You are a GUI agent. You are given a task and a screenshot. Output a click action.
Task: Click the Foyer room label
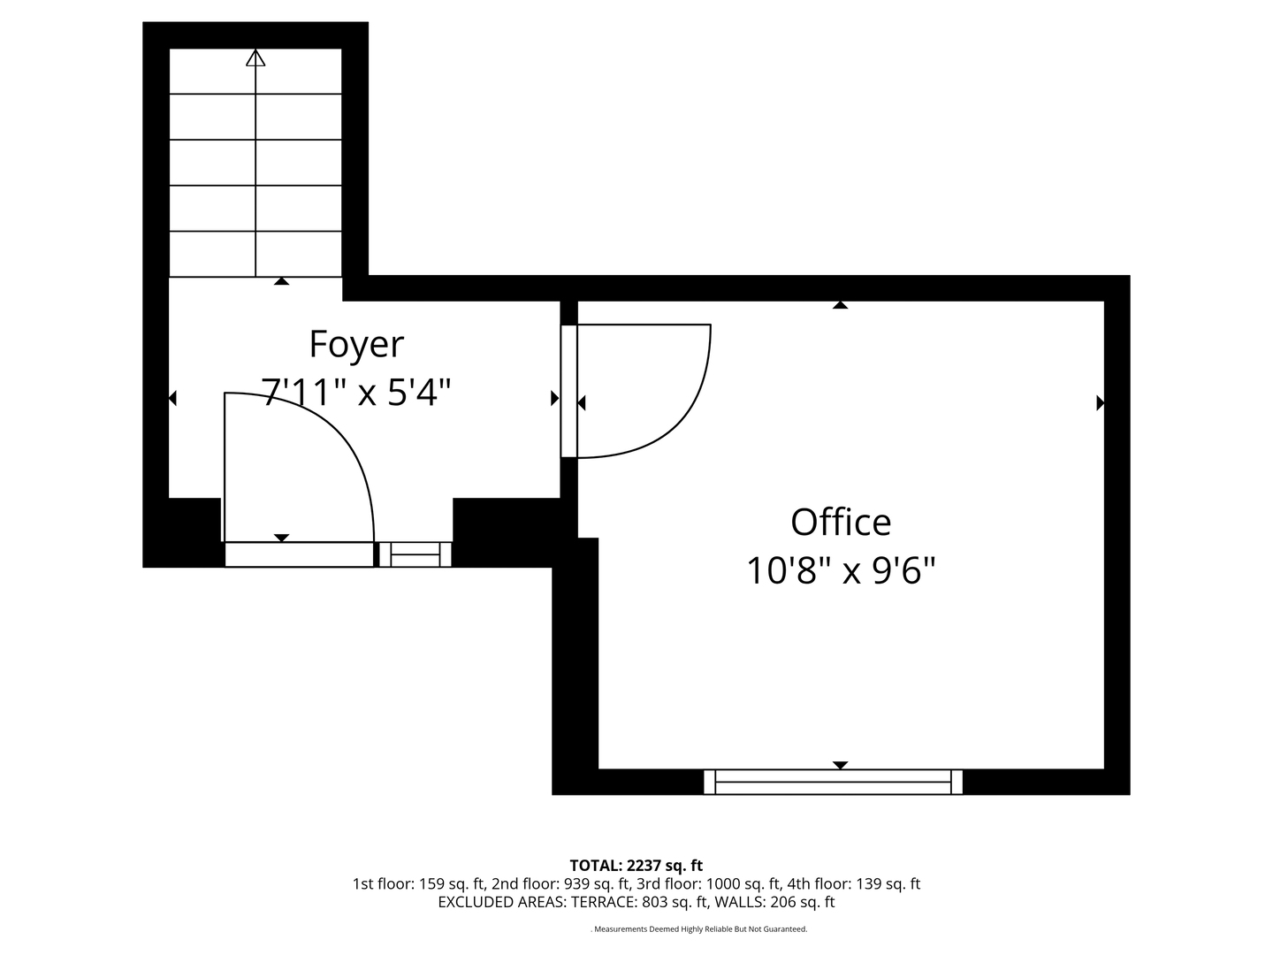click(356, 344)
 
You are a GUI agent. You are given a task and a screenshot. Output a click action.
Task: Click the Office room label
click(840, 522)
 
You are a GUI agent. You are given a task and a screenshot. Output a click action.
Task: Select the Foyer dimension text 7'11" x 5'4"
click(356, 391)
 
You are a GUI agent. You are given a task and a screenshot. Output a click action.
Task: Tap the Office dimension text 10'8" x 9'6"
click(840, 570)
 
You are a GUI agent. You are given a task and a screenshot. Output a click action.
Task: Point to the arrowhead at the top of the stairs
click(255, 58)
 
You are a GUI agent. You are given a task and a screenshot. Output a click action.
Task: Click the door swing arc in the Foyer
click(340, 442)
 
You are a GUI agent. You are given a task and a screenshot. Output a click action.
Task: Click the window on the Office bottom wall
click(833, 782)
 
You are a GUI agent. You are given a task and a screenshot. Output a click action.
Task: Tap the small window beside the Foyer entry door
click(415, 554)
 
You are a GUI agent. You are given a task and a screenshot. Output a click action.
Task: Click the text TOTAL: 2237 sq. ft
click(636, 865)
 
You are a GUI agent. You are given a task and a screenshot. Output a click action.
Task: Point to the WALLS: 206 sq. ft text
click(774, 902)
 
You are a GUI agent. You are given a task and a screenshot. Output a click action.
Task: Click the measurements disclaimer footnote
click(698, 929)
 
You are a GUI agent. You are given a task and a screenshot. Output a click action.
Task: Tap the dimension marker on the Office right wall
click(1100, 403)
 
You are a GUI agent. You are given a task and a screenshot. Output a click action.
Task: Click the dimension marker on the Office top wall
click(840, 305)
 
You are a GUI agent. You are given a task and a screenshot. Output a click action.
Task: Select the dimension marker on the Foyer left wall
click(172, 399)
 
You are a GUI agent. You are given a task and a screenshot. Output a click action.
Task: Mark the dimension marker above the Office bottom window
click(840, 765)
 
